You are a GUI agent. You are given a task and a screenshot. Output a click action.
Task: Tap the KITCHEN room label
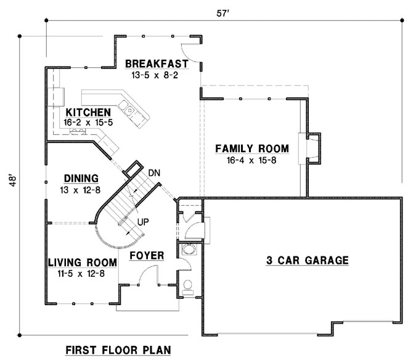89,112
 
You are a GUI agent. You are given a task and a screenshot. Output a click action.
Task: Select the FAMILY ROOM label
251,149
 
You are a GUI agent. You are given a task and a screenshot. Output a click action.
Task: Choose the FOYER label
146,255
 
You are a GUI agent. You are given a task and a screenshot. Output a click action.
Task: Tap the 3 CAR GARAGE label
307,260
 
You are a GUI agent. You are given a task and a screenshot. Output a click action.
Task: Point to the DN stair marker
155,173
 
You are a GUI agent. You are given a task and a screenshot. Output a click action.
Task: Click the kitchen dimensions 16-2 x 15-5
89,123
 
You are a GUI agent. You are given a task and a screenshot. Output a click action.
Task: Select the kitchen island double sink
131,110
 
